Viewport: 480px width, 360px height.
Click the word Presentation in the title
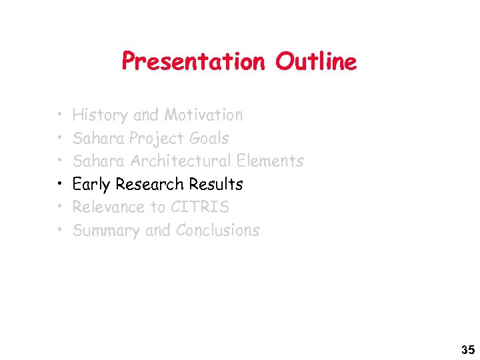pyautogui.click(x=193, y=62)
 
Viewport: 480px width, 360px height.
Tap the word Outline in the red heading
pyautogui.click(x=316, y=62)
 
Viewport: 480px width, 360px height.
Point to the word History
pyautogui.click(x=100, y=115)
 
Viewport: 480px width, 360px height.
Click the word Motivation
pyautogui.click(x=203, y=115)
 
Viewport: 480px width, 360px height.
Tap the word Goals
pyautogui.click(x=209, y=139)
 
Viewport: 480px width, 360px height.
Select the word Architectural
pyautogui.click(x=179, y=161)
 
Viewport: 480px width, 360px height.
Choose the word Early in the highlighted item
pyautogui.click(x=91, y=185)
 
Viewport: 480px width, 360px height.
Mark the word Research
pyautogui.click(x=150, y=184)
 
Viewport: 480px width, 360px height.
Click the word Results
pyautogui.click(x=216, y=184)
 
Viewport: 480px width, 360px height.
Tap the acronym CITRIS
pyautogui.click(x=200, y=207)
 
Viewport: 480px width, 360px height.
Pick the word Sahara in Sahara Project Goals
pyautogui.click(x=99, y=139)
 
